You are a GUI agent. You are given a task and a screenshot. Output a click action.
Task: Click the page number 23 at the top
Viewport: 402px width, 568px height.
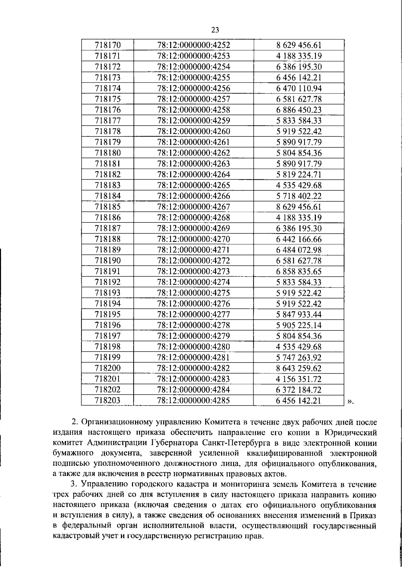pyautogui.click(x=215, y=30)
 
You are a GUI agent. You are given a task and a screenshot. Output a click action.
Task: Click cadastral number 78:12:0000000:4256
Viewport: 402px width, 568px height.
pyautogui.click(x=194, y=88)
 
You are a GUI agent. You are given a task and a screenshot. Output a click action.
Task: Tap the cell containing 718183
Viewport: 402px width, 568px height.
pyautogui.click(x=108, y=185)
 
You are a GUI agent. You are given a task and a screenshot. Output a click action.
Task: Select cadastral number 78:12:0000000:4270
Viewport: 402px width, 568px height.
pyautogui.click(x=194, y=239)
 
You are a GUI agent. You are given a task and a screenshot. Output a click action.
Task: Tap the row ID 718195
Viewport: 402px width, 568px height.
pyautogui.click(x=108, y=315)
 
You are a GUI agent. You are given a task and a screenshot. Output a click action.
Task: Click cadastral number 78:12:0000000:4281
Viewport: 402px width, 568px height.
pyautogui.click(x=194, y=358)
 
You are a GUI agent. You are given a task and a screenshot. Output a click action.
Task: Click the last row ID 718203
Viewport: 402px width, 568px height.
pyautogui.click(x=108, y=401)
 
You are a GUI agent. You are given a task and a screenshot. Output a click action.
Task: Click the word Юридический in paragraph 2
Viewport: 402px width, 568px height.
pyautogui.click(x=351, y=432)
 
